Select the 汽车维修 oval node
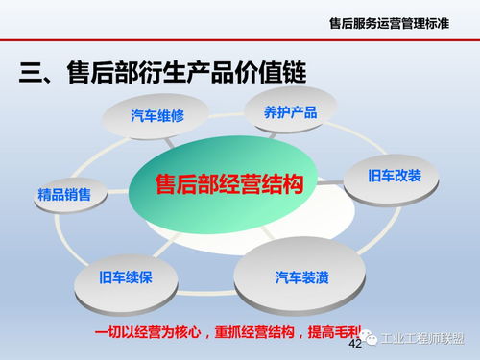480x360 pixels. [x=156, y=116]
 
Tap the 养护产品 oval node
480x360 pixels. [x=290, y=112]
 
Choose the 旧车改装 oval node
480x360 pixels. [x=395, y=176]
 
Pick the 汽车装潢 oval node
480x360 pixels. [x=302, y=277]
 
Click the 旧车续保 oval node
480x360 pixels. [x=125, y=278]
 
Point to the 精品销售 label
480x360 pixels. [x=64, y=195]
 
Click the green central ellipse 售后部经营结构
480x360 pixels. [x=229, y=184]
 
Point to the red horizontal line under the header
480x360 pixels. [x=240, y=41]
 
